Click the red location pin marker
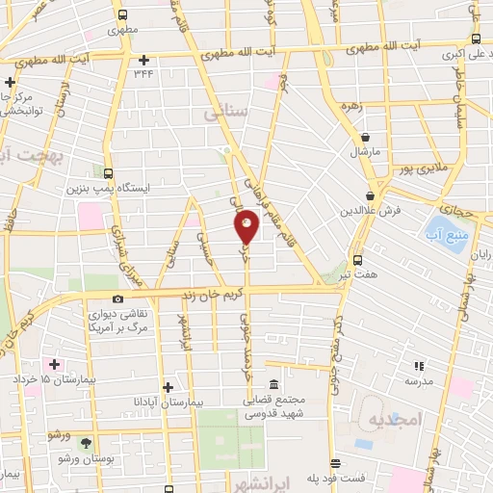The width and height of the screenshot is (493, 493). [247, 226]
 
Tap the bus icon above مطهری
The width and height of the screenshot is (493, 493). [121, 14]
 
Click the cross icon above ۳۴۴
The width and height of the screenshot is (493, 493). [143, 60]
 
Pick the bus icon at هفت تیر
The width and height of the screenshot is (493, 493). [358, 259]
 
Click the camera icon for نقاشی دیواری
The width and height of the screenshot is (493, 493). [117, 299]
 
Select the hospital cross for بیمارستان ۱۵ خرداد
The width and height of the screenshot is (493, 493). [54, 365]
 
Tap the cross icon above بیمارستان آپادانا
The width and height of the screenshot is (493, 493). [168, 386]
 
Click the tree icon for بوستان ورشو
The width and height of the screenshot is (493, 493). [87, 444]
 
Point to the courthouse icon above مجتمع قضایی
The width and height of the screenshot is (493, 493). [274, 385]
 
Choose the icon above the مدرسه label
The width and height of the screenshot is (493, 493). [419, 366]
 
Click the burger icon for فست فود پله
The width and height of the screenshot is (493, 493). [334, 463]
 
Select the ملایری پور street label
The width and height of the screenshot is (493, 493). [422, 170]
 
